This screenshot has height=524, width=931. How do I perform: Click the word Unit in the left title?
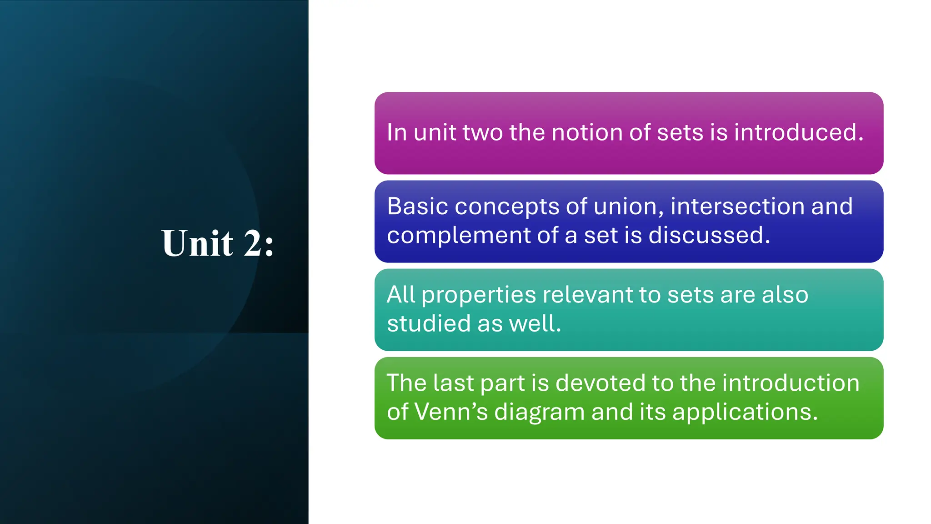coord(197,243)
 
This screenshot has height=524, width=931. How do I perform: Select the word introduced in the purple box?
coord(798,132)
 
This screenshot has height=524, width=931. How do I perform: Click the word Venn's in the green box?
coord(451,412)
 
